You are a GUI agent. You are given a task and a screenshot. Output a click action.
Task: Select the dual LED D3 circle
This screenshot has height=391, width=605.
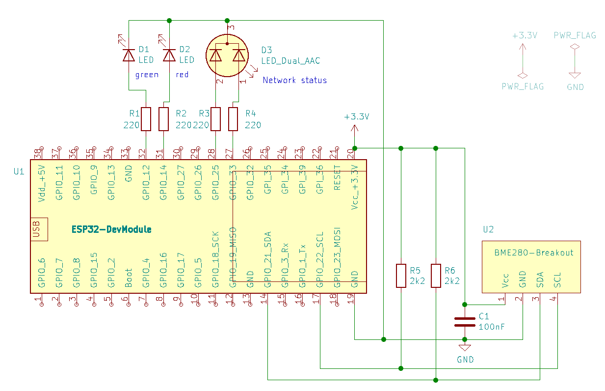point(227,56)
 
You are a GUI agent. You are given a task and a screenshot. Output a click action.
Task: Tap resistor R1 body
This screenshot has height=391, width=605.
point(146,119)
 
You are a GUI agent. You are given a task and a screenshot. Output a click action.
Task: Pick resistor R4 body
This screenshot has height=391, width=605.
point(233,119)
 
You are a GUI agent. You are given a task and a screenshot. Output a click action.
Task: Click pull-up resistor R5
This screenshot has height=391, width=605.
point(401,276)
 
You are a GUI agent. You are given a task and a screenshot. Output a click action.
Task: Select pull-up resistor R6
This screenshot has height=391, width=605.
point(436,276)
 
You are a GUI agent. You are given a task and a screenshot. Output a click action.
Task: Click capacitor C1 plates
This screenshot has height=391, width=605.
point(465,322)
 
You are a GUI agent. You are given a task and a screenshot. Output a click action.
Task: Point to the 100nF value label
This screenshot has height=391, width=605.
point(492,327)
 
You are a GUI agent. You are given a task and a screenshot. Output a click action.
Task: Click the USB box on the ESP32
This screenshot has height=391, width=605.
point(39,229)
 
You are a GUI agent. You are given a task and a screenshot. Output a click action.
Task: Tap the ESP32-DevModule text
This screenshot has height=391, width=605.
point(111,229)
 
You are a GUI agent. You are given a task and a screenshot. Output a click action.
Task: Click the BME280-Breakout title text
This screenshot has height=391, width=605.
point(534,252)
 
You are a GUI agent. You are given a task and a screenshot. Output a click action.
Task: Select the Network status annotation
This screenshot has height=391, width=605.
point(294,80)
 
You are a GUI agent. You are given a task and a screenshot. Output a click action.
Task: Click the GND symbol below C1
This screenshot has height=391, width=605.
point(465,347)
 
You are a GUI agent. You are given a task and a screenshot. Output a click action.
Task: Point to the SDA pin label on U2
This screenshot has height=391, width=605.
point(540,280)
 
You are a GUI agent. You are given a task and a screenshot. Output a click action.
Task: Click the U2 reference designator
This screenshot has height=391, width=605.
point(488,229)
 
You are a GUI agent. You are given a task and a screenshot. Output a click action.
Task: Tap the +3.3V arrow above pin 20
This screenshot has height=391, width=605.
point(355,130)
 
